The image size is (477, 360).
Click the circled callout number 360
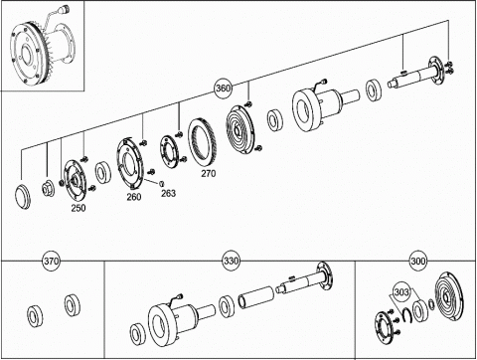click(x=223, y=89)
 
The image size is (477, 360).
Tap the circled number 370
click(x=52, y=261)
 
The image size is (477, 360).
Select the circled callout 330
click(x=231, y=261)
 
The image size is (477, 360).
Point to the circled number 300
click(x=418, y=261)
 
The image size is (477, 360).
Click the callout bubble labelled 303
click(x=401, y=292)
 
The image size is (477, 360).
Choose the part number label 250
click(x=79, y=208)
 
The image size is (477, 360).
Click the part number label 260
click(x=134, y=197)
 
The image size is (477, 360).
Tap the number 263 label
click(x=168, y=193)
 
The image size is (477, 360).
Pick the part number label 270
click(x=209, y=173)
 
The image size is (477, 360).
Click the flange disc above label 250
click(x=76, y=180)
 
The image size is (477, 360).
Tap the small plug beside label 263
click(x=162, y=183)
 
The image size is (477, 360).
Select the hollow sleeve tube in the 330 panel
click(x=256, y=296)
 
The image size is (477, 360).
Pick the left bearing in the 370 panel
click(x=35, y=316)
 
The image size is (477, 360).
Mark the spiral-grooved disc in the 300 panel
click(x=450, y=297)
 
